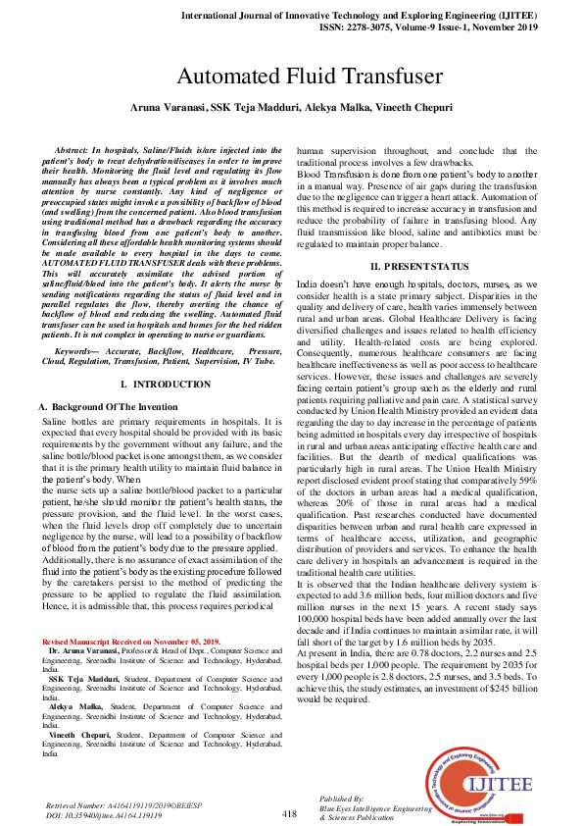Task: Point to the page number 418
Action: (x=289, y=813)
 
